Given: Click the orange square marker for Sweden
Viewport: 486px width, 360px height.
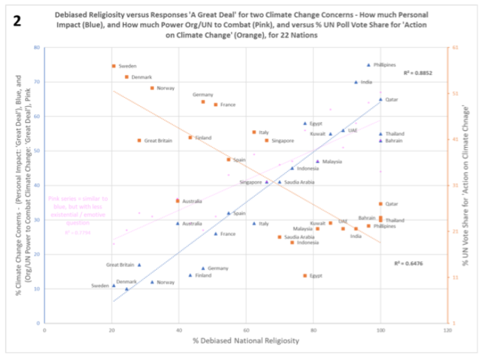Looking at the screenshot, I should (113, 66).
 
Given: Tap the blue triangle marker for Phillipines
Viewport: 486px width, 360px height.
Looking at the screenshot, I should (368, 65).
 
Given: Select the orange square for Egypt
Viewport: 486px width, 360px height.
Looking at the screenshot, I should (305, 275).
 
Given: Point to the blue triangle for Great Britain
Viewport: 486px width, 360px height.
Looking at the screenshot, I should (139, 264).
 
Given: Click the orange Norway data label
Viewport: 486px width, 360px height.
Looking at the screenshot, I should (165, 88).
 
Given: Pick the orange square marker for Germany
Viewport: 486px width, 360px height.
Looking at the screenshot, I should (203, 101).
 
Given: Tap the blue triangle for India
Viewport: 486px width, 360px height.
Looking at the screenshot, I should (355, 82).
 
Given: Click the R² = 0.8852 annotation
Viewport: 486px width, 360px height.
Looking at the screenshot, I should (418, 73).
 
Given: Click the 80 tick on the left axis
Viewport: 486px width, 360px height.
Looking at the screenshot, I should (35, 47).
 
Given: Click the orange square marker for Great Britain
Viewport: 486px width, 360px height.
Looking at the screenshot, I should (139, 140).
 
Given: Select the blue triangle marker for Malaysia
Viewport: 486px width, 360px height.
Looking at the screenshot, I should (317, 161).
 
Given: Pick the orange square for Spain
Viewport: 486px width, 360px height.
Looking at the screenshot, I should (228, 160).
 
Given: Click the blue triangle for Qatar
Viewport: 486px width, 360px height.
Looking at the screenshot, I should (380, 99).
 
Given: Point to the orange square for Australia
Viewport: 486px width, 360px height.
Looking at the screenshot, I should (178, 201).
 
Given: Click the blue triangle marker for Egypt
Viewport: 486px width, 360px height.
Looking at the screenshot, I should (304, 123).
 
